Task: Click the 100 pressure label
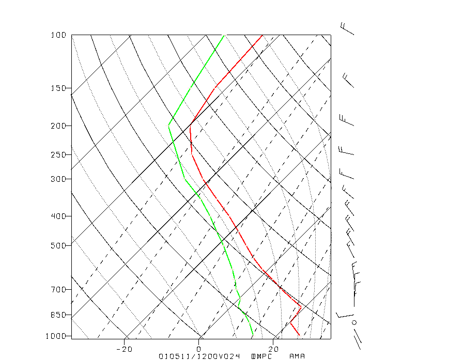click(58, 35)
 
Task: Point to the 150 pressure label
click(58, 88)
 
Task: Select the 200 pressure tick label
click(58, 126)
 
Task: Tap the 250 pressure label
click(58, 155)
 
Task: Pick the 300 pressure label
click(58, 179)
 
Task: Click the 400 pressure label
click(58, 216)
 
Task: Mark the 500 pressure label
click(58, 245)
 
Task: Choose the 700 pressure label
click(58, 289)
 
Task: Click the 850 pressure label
click(58, 315)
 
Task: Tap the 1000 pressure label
click(56, 336)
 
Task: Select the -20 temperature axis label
click(125, 349)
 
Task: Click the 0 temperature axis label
click(199, 349)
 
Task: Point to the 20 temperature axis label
click(274, 349)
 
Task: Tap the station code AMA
click(297, 356)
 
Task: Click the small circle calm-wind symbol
click(354, 322)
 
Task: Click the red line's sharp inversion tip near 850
click(301, 307)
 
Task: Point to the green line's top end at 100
click(224, 35)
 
